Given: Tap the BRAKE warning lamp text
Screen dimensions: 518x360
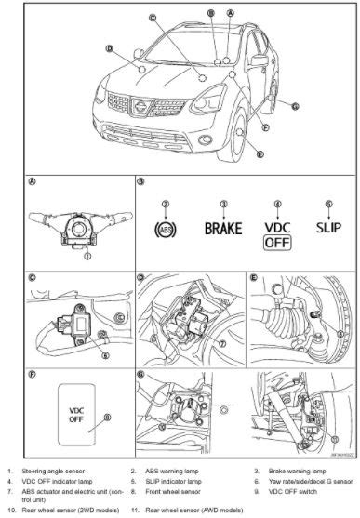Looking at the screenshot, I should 222,228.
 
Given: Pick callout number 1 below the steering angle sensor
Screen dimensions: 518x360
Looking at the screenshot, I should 87,257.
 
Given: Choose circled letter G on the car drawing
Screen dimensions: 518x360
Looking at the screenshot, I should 295,106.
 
